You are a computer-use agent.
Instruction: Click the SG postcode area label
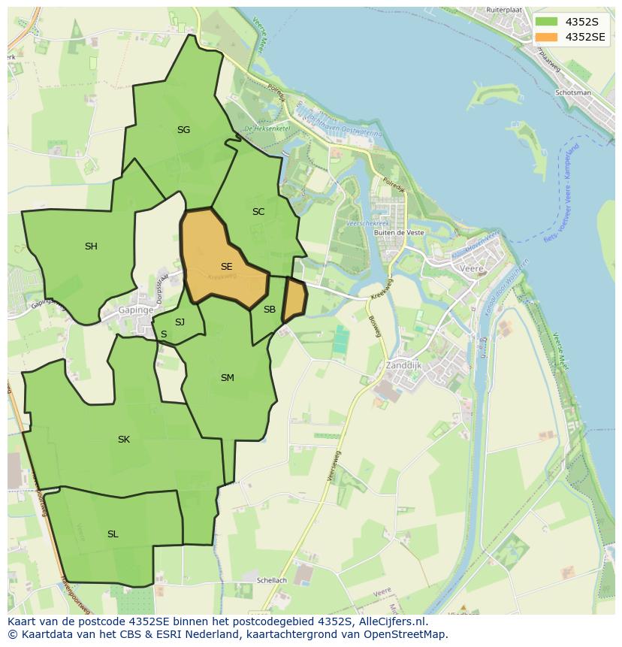[183, 130]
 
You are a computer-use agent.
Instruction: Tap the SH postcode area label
[91, 246]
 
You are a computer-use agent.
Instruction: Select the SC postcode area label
[258, 212]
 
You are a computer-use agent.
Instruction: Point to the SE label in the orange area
[226, 267]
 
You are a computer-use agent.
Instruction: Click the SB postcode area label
[270, 310]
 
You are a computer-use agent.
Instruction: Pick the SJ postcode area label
[180, 322]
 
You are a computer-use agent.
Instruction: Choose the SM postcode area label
[228, 378]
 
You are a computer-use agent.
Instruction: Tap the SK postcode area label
[124, 440]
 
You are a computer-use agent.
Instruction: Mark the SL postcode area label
[113, 534]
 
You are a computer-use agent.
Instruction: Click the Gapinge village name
[136, 310]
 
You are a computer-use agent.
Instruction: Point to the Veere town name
[472, 268]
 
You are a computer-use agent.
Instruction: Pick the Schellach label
[271, 581]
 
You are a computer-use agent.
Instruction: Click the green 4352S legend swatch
[547, 21]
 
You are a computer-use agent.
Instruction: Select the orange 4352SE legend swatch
[547, 37]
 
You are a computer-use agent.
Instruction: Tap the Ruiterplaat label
[503, 9]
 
